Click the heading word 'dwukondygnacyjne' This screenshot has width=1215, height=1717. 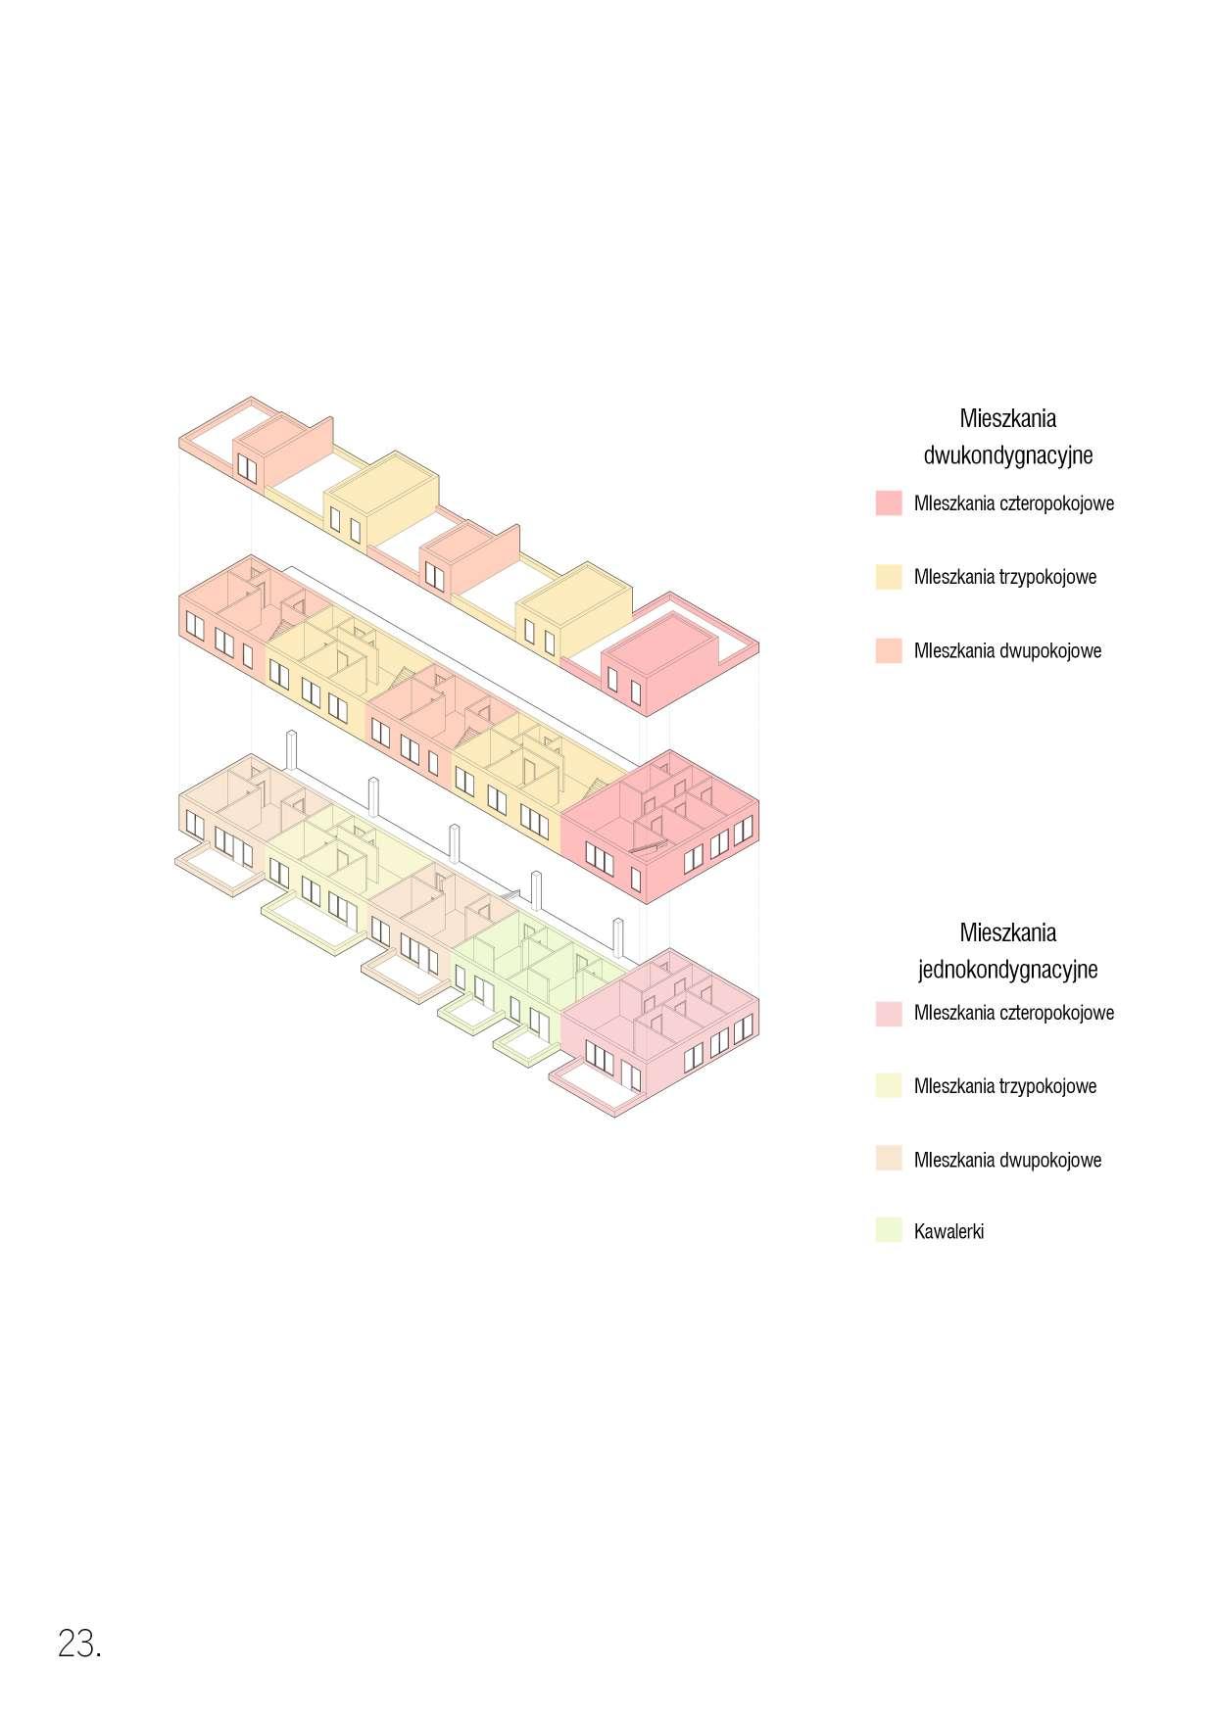click(x=1007, y=455)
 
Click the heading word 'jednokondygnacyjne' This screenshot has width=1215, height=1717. click(x=1007, y=970)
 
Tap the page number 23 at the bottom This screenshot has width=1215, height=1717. click(x=78, y=1644)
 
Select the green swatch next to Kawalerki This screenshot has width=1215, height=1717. click(x=888, y=1230)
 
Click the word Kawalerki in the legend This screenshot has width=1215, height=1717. click(x=948, y=1231)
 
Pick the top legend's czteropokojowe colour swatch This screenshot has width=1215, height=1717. click(x=888, y=503)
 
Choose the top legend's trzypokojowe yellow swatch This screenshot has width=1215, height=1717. click(x=888, y=576)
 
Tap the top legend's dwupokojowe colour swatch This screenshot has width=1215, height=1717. click(x=888, y=650)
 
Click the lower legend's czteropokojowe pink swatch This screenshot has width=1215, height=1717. click(x=888, y=1013)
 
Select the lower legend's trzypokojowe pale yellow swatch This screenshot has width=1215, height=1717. click(x=888, y=1085)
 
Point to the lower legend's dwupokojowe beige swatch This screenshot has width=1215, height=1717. click(x=888, y=1159)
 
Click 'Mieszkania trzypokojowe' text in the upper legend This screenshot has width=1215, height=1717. click(x=1004, y=576)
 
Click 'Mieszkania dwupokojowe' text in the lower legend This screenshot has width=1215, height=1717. click(x=1007, y=1160)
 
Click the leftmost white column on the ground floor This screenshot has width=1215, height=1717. click(x=291, y=752)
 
